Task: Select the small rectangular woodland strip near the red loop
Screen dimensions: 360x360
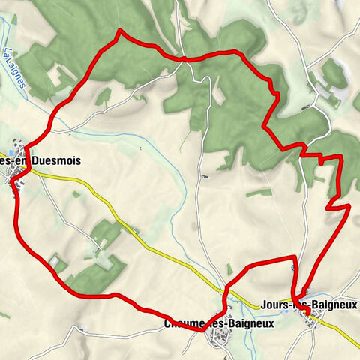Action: (x=259, y=192)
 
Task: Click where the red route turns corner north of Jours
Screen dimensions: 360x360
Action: (x=293, y=258)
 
